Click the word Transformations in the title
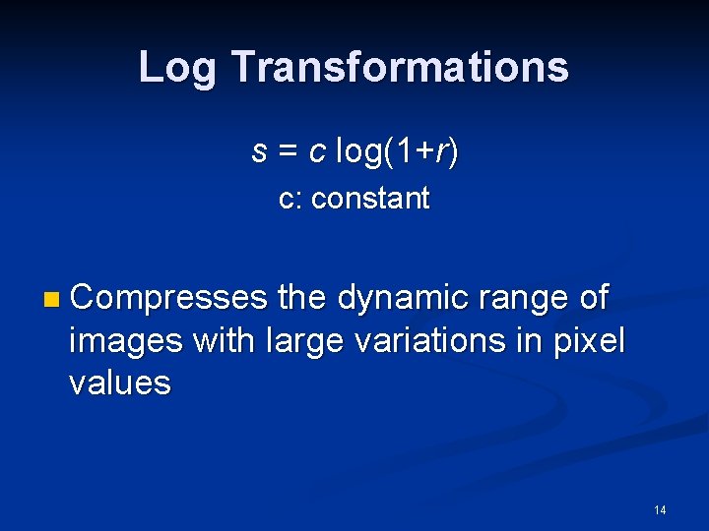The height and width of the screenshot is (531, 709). (x=399, y=68)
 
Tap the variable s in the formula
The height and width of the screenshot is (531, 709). (x=260, y=153)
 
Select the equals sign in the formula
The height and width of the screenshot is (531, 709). (x=289, y=153)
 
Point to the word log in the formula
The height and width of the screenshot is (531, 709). (x=360, y=153)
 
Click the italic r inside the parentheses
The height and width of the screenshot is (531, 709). (x=443, y=153)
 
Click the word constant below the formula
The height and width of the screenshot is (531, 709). (x=370, y=199)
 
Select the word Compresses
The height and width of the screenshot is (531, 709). (x=168, y=297)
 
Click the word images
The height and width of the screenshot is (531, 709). (x=127, y=340)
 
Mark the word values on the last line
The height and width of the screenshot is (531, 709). (x=119, y=383)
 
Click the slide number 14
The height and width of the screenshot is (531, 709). (x=660, y=509)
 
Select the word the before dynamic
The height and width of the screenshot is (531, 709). (x=305, y=297)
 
